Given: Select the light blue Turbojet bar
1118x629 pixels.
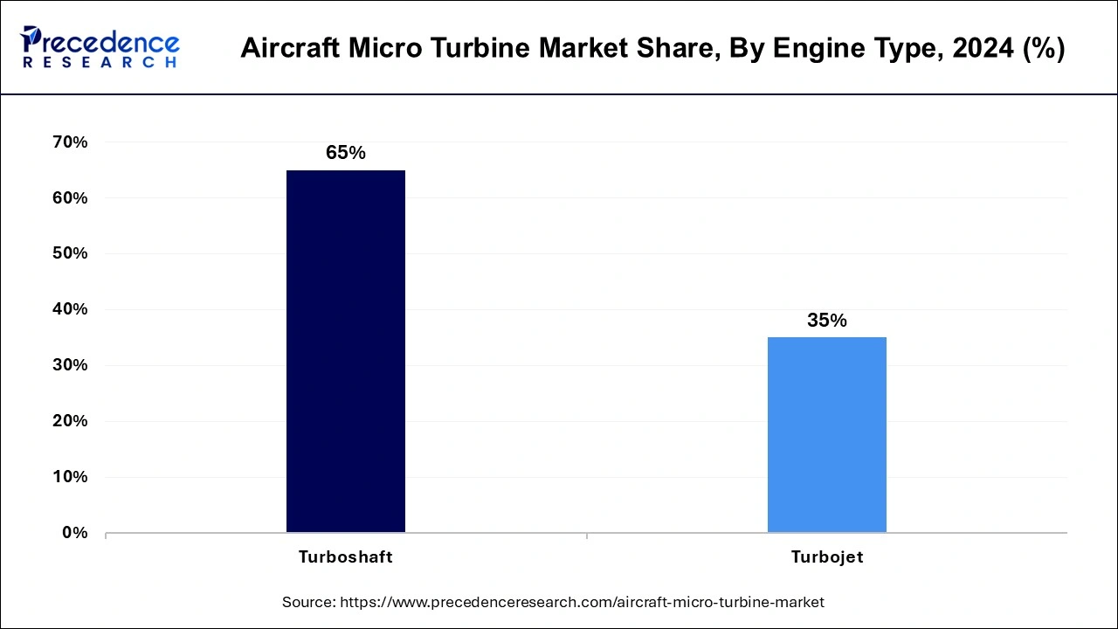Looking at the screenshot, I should pyautogui.click(x=826, y=434).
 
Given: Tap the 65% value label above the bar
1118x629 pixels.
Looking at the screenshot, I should pyautogui.click(x=346, y=153).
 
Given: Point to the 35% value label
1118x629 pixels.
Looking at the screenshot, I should pyautogui.click(x=826, y=321).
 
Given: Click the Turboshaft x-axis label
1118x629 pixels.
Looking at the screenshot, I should pyautogui.click(x=346, y=557).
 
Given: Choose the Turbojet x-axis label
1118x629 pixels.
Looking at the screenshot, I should pyautogui.click(x=826, y=557).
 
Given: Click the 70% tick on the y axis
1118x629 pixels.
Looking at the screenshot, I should pyautogui.click(x=70, y=142).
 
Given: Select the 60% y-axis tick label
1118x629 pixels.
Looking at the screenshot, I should pyautogui.click(x=70, y=198).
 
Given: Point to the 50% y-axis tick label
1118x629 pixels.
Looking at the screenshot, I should pyautogui.click(x=70, y=253).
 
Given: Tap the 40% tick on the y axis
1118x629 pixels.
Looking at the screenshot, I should pyautogui.click(x=70, y=309).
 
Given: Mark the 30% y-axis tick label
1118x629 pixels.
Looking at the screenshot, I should pyautogui.click(x=70, y=365).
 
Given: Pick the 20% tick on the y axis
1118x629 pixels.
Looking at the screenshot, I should pyautogui.click(x=70, y=421).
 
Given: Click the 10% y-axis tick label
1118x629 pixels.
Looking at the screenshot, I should pyautogui.click(x=70, y=477).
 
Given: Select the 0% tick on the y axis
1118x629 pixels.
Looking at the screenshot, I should pyautogui.click(x=74, y=533).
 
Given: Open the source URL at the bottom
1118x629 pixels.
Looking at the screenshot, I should pyautogui.click(x=582, y=602).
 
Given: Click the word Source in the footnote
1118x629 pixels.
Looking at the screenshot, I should pyautogui.click(x=307, y=602).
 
